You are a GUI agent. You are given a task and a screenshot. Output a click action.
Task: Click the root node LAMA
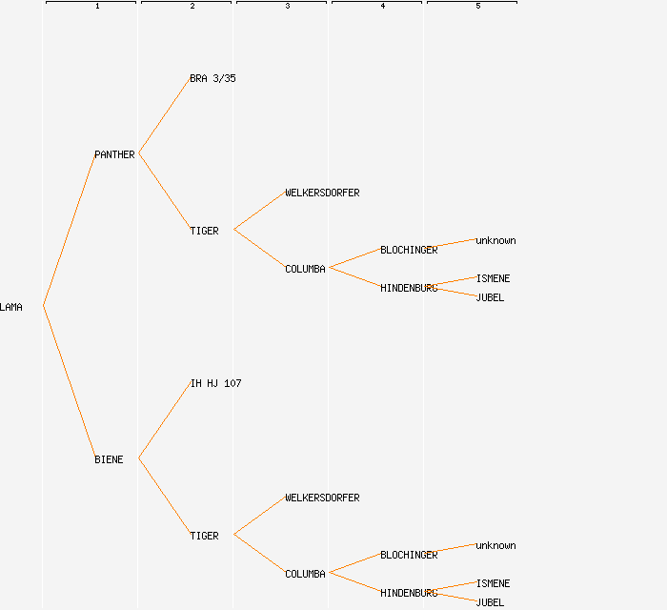pos(11,307)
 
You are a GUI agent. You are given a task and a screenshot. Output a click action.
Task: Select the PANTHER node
pos(114,154)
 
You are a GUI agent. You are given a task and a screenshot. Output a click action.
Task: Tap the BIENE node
pos(109,459)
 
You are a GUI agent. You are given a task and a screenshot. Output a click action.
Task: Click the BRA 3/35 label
pos(212,78)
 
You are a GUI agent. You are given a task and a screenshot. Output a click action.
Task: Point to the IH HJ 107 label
pos(215,383)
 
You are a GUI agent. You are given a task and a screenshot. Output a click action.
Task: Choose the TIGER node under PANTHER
pos(204,231)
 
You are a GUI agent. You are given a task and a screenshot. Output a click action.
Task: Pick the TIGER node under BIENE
pos(204,536)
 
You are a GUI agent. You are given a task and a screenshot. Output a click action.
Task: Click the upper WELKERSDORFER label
pos(322,193)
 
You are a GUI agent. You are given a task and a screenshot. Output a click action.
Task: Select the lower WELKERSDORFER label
pos(322,498)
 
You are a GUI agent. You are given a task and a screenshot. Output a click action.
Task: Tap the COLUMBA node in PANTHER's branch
pos(305,269)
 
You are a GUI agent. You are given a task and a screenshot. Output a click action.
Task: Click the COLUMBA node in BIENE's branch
pos(305,574)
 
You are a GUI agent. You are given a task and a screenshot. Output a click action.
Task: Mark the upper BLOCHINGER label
pos(409,250)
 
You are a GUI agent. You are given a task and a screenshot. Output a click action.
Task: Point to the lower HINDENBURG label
pos(409,593)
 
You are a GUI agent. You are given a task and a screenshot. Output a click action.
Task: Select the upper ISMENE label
pos(493,278)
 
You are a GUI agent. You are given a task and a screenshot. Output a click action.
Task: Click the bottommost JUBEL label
pos(490,602)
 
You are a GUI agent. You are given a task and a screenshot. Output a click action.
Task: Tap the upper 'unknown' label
pos(495,240)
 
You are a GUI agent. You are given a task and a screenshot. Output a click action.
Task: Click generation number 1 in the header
pos(97,7)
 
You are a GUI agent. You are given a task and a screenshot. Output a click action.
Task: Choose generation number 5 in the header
pos(478,7)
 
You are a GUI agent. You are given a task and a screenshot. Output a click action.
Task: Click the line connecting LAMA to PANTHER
pos(69,231)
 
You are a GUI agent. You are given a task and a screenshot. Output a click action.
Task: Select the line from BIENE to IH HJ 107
pos(164,421)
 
